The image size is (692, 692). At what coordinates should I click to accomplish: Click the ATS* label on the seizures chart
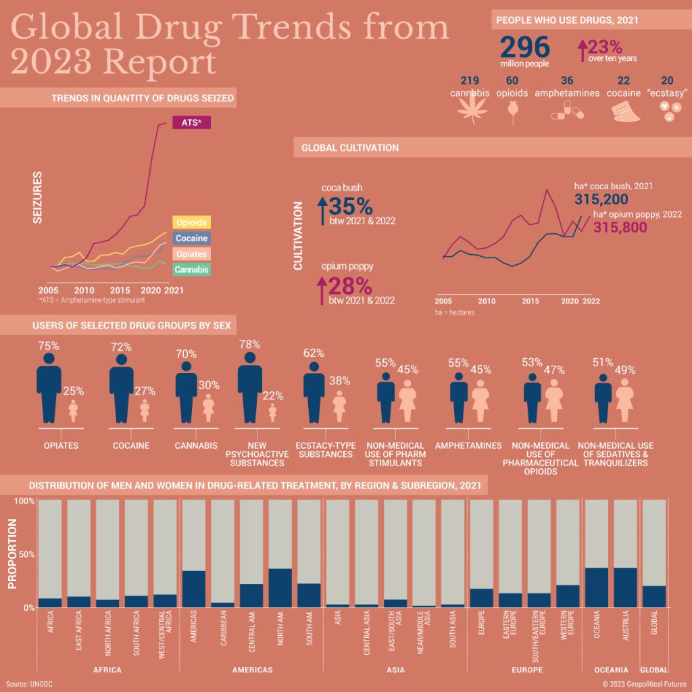[x=192, y=122]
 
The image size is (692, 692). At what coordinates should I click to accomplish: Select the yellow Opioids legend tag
[x=191, y=222]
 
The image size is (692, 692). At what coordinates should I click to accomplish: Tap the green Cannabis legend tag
[x=191, y=270]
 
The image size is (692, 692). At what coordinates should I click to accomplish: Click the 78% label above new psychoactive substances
[x=249, y=345]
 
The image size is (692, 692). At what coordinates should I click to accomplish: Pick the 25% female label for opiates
[x=73, y=391]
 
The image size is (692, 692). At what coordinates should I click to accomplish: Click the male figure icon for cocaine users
[x=122, y=388]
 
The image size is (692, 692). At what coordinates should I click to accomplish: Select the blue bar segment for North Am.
[x=280, y=587]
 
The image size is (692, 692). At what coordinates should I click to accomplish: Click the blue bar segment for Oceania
[x=597, y=587]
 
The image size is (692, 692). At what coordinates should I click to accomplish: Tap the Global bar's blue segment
[x=653, y=596]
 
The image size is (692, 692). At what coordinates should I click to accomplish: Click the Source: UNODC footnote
[x=29, y=683]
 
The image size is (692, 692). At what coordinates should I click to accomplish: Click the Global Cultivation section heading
[x=350, y=147]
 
